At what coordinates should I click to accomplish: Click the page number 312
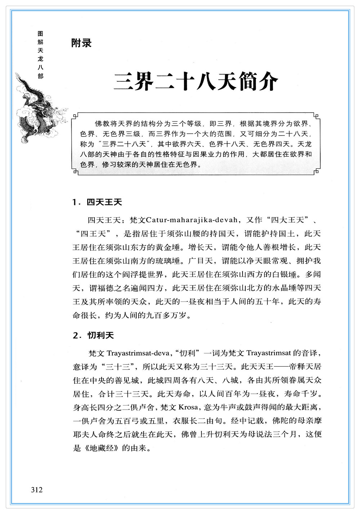(x=37, y=490)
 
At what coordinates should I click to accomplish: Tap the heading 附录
(x=81, y=43)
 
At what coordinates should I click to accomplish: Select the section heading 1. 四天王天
(x=97, y=202)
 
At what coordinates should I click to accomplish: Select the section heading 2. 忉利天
(x=93, y=335)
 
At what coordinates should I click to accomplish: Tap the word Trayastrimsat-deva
(x=138, y=353)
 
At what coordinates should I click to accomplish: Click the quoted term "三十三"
(x=119, y=367)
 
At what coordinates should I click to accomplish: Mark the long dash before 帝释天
(x=281, y=367)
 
